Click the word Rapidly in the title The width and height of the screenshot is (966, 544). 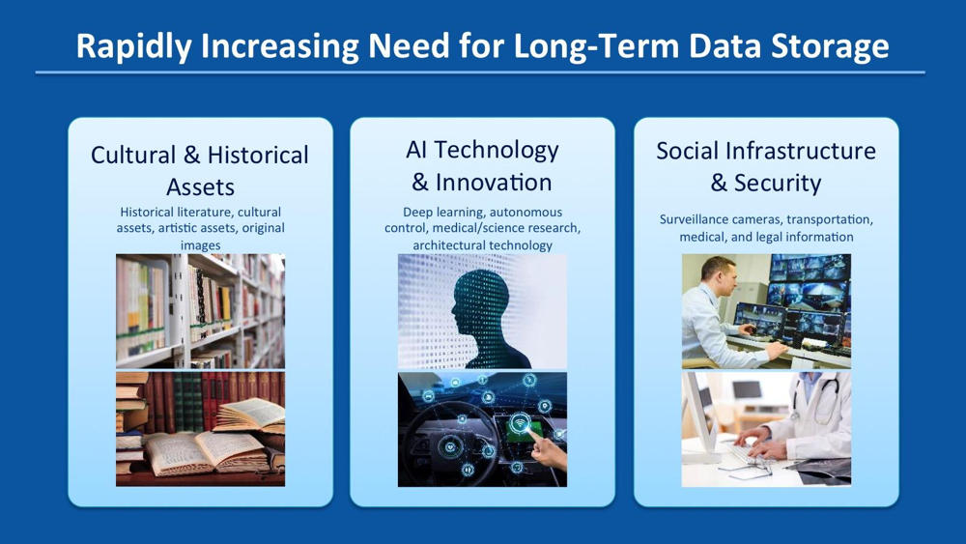pos(133,46)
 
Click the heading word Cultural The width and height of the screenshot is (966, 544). pos(133,155)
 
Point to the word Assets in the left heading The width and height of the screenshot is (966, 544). pos(200,186)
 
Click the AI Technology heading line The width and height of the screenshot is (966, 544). pos(482,151)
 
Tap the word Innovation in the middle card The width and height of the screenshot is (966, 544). pos(494,183)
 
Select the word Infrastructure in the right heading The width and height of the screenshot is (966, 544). pos(801,151)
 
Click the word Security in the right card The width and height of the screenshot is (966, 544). pos(778,184)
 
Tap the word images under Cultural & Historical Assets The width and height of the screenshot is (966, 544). pos(200,245)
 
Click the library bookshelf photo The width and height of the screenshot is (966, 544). pos(200,311)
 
